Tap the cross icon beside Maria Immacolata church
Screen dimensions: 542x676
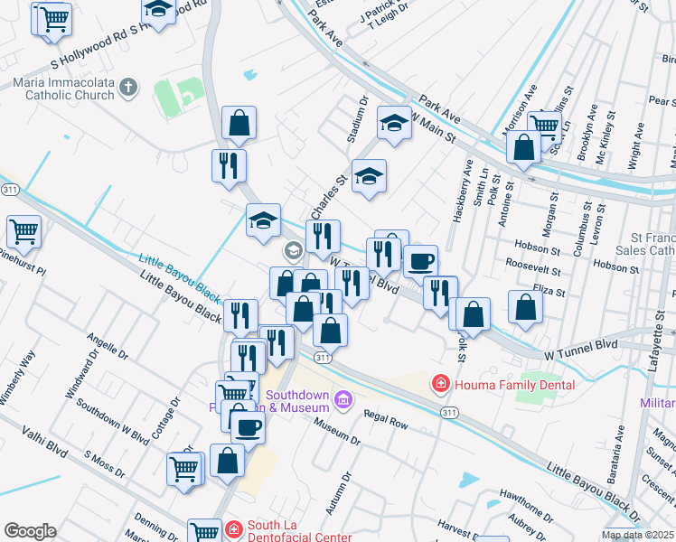(x=128, y=88)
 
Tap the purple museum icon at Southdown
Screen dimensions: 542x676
(x=343, y=398)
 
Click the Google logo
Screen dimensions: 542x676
(x=30, y=531)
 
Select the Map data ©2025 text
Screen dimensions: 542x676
(x=637, y=535)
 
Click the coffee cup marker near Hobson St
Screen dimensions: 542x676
(x=420, y=261)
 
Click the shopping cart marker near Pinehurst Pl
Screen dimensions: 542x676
(x=23, y=230)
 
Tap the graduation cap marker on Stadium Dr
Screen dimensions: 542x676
(x=394, y=123)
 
